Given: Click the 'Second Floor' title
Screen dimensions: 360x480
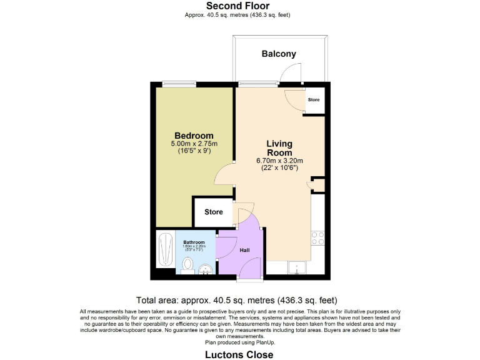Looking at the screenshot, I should tap(239, 6).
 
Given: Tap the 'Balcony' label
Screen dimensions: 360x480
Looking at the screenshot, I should tap(279, 54).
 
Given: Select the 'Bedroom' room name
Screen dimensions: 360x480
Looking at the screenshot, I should tap(194, 136).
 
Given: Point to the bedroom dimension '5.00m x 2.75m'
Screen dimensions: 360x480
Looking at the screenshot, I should tap(194, 144).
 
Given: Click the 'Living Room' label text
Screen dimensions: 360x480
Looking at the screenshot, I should tap(279, 148).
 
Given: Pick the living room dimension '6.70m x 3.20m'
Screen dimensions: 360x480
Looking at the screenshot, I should tap(279, 161).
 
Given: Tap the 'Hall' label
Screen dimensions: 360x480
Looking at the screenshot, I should tap(245, 250).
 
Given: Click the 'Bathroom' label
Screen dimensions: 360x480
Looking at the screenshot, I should tap(194, 242).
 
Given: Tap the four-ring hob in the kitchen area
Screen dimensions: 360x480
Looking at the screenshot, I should tap(317, 237).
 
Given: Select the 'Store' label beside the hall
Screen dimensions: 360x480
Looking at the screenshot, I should tap(214, 212).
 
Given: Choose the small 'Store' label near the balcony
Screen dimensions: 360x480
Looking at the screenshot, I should tap(314, 100).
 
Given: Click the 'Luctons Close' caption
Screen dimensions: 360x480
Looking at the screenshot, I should tap(239, 354).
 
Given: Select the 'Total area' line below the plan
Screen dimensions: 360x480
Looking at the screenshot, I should tap(239, 300).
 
